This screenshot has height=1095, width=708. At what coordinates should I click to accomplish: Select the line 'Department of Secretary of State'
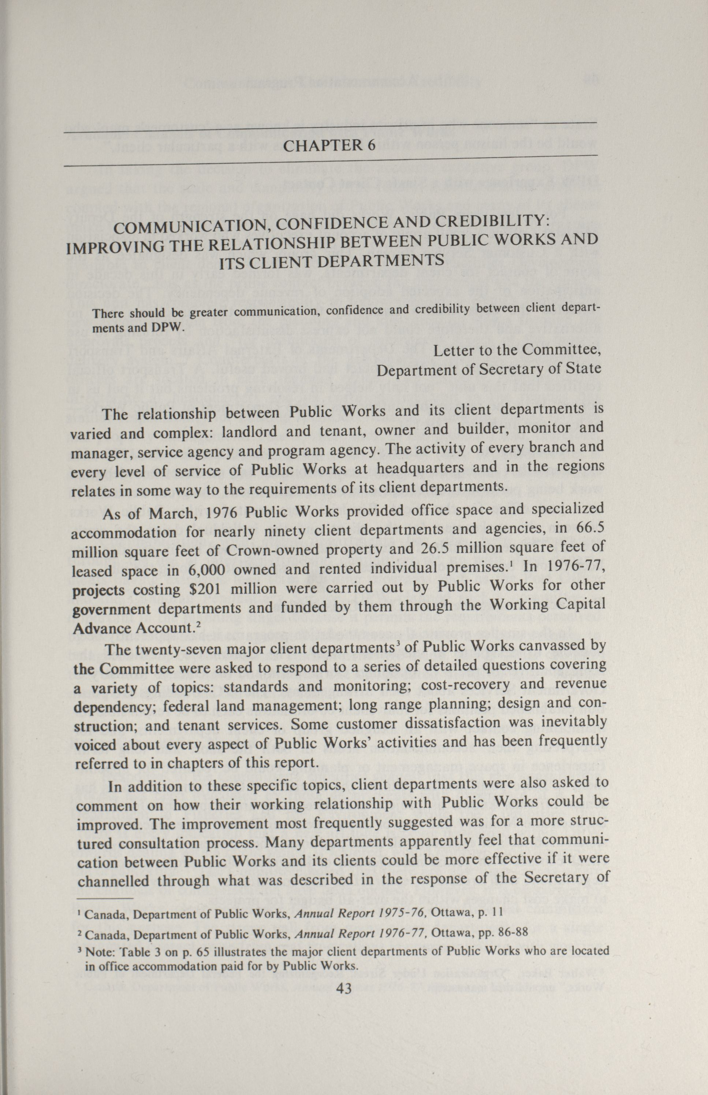click(x=489, y=369)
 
